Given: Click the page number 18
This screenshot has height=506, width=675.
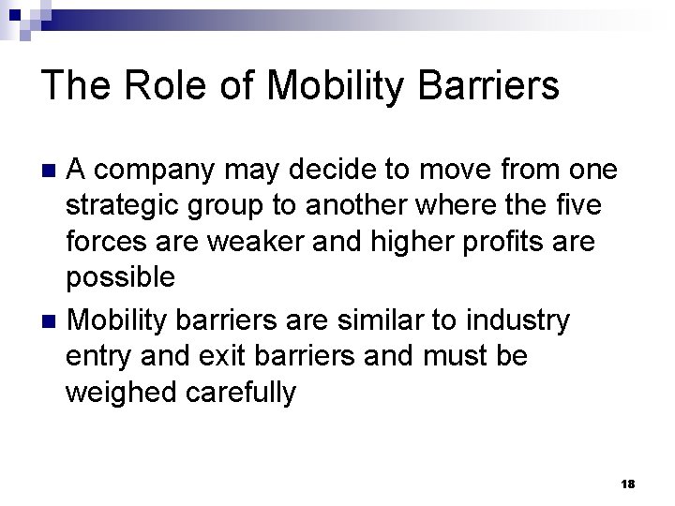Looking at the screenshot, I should (x=627, y=482).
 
